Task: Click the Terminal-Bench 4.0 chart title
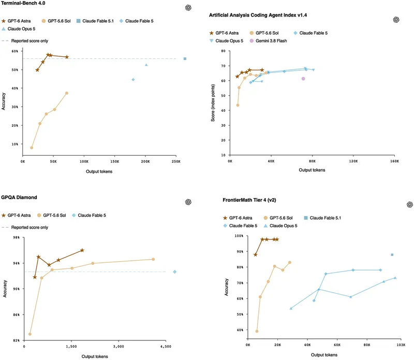pos(23,3)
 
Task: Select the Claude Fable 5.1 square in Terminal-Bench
pos(185,58)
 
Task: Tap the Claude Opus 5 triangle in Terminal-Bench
pos(146,65)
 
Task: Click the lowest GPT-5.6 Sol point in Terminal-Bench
pos(32,148)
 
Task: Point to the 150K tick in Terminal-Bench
pos(114,161)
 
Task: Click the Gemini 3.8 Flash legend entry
pos(268,41)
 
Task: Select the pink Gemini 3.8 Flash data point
pos(303,79)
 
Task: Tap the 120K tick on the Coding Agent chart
pos(353,161)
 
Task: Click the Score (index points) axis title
pos(213,103)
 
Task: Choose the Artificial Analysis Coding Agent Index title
pos(258,15)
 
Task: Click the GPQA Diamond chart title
pos(19,198)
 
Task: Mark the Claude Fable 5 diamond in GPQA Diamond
pos(174,272)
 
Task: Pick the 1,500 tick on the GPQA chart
pos(71,347)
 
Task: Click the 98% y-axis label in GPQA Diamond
pos(17,237)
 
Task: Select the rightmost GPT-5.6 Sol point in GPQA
pos(153,259)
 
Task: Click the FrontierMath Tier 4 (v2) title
pos(249,200)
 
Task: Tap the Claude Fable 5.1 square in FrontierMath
pos(392,254)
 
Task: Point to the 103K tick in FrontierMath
pos(401,344)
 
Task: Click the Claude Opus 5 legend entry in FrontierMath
pos(280,226)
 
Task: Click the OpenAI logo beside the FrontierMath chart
pos(410,204)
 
